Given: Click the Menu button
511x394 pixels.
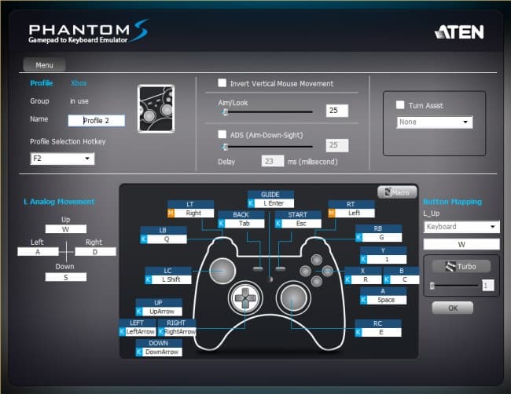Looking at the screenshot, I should pyautogui.click(x=43, y=65).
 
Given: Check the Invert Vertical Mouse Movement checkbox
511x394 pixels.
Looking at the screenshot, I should pyautogui.click(x=222, y=84).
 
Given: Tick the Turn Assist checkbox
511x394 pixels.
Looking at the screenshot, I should pyautogui.click(x=400, y=105).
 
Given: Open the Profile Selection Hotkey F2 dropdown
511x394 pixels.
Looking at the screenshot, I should pyautogui.click(x=62, y=159).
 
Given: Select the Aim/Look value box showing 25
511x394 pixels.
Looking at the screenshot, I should pyautogui.click(x=337, y=111).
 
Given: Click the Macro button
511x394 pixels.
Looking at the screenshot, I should pyautogui.click(x=397, y=192).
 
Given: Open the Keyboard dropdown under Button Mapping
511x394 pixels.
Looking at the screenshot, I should pyautogui.click(x=461, y=227).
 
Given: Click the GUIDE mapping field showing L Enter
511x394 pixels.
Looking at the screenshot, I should pyautogui.click(x=274, y=203).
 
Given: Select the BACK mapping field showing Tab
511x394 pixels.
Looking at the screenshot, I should pyautogui.click(x=244, y=223).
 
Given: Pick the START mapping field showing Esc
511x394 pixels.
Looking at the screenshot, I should pyautogui.click(x=301, y=223).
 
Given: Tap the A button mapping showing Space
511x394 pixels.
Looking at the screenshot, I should pyautogui.click(x=386, y=300).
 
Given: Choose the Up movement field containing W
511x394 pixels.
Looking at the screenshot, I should pyautogui.click(x=66, y=230).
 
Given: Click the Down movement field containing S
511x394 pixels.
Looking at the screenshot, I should pyautogui.click(x=66, y=277).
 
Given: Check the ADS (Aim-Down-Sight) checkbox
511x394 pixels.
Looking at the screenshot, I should pyautogui.click(x=222, y=134).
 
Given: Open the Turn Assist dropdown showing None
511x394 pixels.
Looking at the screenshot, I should pyautogui.click(x=434, y=122).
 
